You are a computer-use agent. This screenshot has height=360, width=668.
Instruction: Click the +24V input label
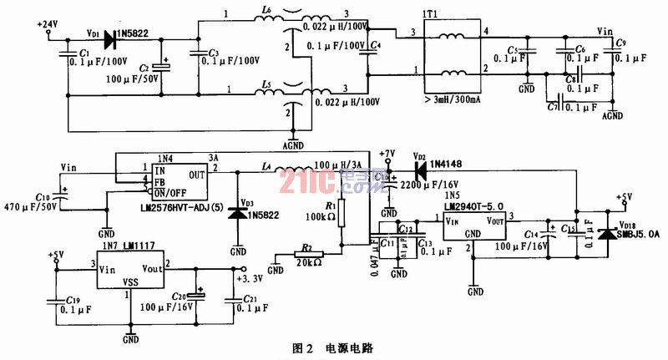[x=47, y=24]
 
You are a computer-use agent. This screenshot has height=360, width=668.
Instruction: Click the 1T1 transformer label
[x=432, y=14]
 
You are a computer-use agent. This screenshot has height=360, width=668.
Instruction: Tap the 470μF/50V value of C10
[x=30, y=205]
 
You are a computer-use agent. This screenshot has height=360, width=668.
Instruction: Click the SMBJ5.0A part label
[x=638, y=236]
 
